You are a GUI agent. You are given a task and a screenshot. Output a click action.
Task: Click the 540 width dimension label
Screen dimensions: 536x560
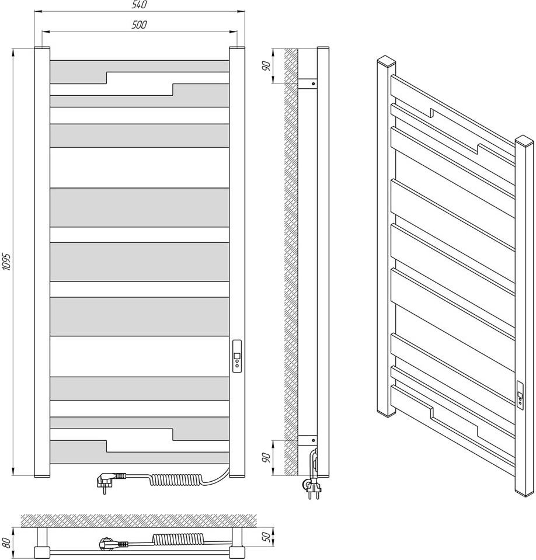coord(140,5)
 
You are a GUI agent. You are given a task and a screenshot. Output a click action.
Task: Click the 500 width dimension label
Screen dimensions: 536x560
coord(140,25)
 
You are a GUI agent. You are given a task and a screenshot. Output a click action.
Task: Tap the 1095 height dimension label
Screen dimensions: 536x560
coord(7,262)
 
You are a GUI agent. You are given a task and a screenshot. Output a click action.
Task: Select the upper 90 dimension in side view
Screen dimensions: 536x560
coord(266,66)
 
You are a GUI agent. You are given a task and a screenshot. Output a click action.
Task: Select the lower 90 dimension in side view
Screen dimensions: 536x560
coord(266,457)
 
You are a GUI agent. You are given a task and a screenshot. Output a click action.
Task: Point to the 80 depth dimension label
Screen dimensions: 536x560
coord(6,542)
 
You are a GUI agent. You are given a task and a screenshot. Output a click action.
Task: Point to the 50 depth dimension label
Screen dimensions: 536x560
coord(266,537)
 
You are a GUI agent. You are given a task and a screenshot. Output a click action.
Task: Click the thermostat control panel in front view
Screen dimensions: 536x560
coord(236,356)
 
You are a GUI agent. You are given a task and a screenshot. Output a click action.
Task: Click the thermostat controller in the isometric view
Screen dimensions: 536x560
coord(520,393)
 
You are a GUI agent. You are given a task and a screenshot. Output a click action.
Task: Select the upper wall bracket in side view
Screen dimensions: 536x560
coord(307,84)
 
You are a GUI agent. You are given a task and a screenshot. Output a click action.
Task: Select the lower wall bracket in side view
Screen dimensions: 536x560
coord(307,440)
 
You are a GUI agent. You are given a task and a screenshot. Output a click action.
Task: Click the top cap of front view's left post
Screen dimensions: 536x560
coord(42,48)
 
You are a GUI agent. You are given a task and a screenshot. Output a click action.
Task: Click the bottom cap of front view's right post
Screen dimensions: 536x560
coord(237,475)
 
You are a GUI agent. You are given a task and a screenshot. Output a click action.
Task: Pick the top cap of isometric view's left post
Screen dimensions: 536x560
coord(387,61)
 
